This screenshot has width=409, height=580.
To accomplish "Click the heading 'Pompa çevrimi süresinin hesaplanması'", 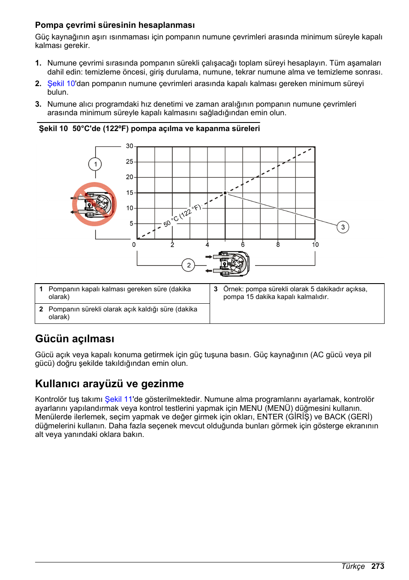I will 115,25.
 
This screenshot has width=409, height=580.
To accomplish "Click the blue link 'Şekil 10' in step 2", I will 61,84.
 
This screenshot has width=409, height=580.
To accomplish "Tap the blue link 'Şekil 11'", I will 118,399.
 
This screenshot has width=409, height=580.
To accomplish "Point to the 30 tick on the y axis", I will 129,146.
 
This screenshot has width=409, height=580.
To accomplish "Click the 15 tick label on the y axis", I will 129,193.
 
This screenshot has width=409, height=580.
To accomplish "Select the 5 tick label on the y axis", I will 131,224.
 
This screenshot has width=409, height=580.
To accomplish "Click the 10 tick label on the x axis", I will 315,245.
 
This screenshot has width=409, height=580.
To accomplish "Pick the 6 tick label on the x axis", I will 243,245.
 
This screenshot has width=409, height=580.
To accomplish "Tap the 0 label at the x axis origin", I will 134,245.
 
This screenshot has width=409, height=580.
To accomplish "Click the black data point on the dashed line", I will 225,193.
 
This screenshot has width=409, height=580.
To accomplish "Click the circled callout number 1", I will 95,164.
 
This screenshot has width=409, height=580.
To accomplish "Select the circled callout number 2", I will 189,265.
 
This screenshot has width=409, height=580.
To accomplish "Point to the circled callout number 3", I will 343,227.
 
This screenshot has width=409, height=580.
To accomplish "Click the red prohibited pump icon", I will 94,204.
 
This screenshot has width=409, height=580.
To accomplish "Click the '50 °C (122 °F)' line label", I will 182,215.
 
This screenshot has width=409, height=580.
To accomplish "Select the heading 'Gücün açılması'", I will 75,339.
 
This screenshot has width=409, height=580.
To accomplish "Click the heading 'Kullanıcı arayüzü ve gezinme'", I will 109,384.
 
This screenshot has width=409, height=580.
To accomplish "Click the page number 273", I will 378,566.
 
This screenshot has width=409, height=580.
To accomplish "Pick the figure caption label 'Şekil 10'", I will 53,129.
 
